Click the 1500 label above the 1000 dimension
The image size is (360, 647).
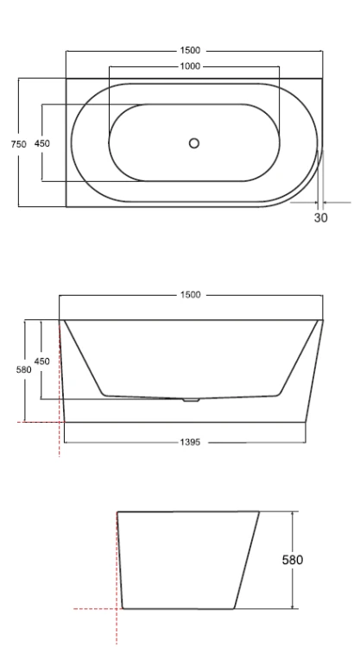pos(190,50)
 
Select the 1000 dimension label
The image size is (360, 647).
pos(190,66)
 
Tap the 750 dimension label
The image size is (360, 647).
pos(19,144)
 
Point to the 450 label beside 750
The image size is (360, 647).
pos(42,143)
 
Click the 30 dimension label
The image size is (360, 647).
pos(321,218)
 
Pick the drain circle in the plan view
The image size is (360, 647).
pos(194,143)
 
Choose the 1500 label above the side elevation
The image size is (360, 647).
pos(190,295)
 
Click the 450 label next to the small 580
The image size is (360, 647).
pos(41,361)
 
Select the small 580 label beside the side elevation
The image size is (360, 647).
pos(24,370)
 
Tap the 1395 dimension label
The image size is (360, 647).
pos(190,443)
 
